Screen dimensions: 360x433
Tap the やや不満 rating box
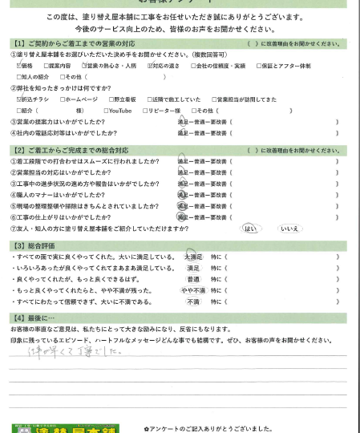click(192, 290)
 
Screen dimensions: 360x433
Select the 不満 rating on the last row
click(192, 301)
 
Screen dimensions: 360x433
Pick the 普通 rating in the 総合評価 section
click(192, 279)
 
